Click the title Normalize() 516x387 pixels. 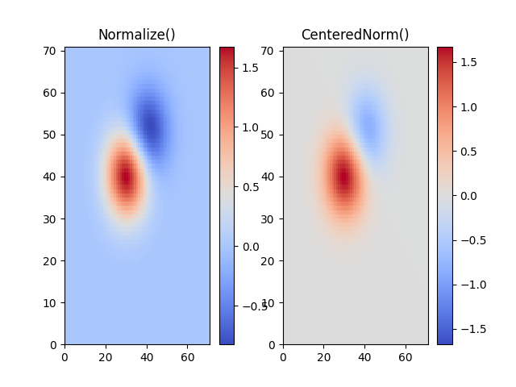point(136,35)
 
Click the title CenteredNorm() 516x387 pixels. point(355,35)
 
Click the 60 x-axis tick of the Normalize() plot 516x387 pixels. point(189,356)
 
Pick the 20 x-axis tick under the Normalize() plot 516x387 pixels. point(106,356)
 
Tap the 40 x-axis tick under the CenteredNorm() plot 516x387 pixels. point(365,356)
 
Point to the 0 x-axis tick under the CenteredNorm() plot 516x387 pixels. point(283,356)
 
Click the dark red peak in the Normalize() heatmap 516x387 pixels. point(126,177)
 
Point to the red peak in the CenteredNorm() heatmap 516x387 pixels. point(344,177)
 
